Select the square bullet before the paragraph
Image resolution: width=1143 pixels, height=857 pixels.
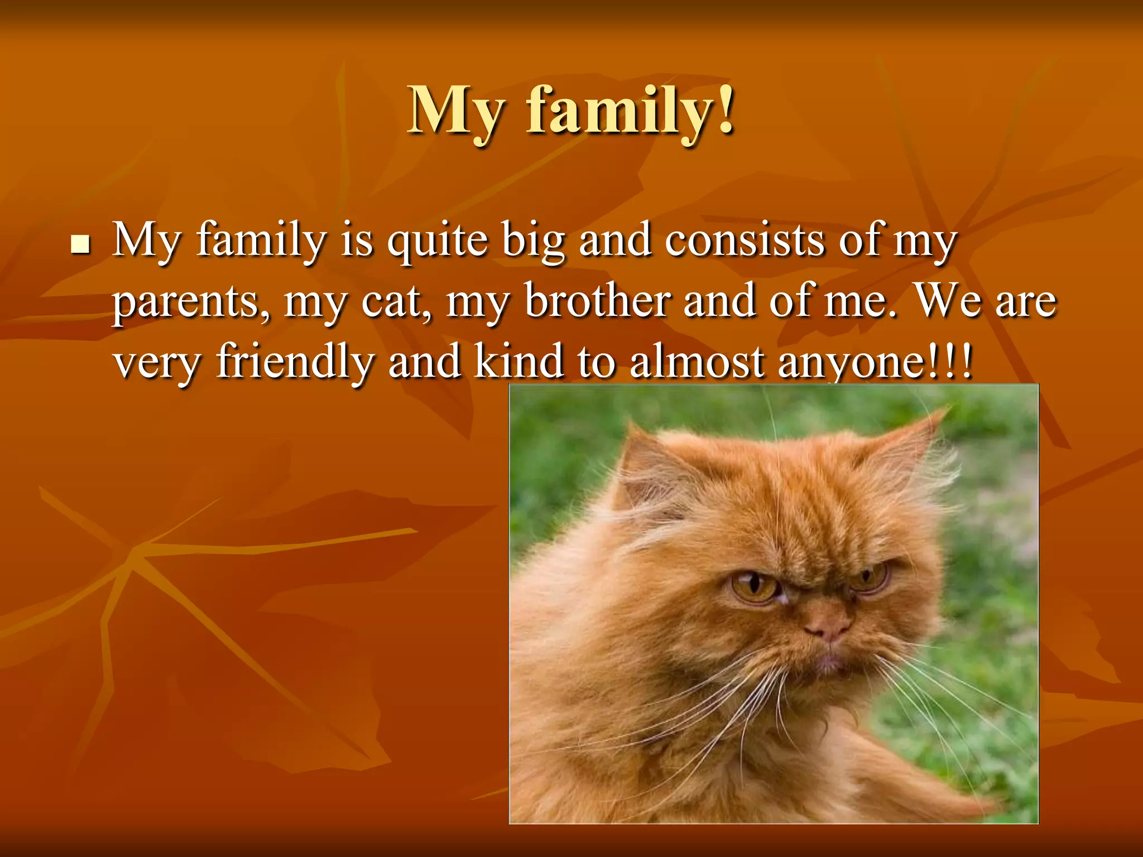[x=81, y=244]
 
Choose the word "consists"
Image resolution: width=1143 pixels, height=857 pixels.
[x=745, y=240]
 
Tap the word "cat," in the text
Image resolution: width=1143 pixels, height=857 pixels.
[x=396, y=301]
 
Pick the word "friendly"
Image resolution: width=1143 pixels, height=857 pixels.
[x=295, y=362]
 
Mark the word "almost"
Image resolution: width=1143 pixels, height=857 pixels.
[x=697, y=361]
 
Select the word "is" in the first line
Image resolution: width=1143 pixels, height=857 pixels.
[x=357, y=240]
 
